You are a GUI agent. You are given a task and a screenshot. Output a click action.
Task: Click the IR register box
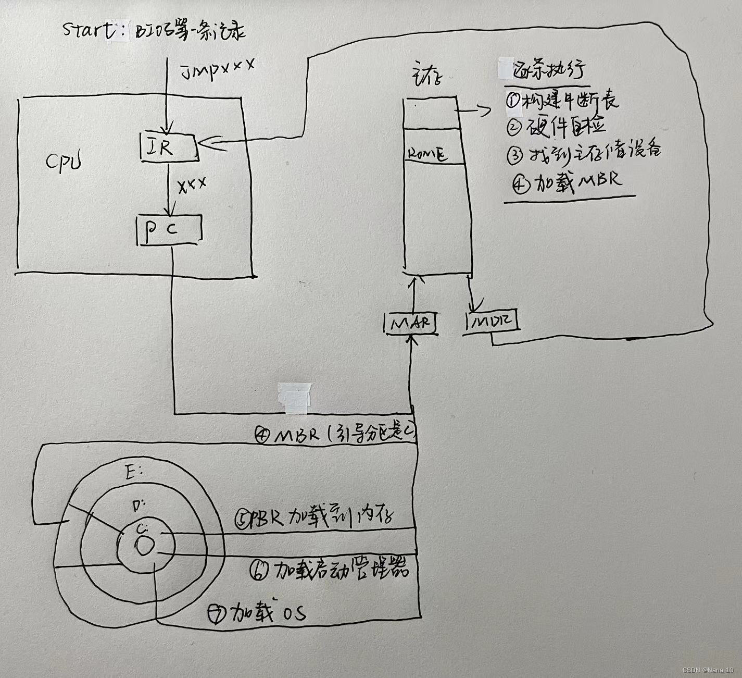168,147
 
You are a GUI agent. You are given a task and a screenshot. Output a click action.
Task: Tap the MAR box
410,323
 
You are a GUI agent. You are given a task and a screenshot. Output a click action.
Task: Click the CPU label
64,162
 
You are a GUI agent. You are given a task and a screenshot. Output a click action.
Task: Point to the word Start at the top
89,30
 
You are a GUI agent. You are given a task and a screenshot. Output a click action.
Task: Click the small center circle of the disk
143,546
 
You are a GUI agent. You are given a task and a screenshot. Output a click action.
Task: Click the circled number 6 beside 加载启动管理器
259,571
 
